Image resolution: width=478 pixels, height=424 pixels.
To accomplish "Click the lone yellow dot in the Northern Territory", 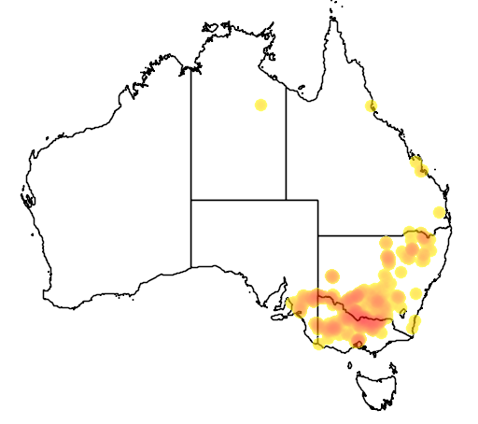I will pyautogui.click(x=260, y=105).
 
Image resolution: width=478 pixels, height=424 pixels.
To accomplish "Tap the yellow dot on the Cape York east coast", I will pyautogui.click(x=371, y=106).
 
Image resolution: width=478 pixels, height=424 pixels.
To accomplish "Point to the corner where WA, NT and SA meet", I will pyautogui.click(x=191, y=199).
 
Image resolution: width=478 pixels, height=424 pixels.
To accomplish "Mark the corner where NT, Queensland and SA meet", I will pyautogui.click(x=286, y=199).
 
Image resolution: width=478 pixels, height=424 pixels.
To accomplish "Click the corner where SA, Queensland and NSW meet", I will pyautogui.click(x=318, y=236).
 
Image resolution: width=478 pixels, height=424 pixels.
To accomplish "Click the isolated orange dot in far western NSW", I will pyautogui.click(x=332, y=277).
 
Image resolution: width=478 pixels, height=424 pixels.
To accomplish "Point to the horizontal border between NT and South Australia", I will pyautogui.click(x=238, y=199).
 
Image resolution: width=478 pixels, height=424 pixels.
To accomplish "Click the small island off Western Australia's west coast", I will pyautogui.click(x=28, y=199).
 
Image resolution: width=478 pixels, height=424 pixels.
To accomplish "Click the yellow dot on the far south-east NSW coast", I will pyautogui.click(x=415, y=324).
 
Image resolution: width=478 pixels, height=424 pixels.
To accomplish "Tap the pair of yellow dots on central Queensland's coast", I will pyautogui.click(x=419, y=168).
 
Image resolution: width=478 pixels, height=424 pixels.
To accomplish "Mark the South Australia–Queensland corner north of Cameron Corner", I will pyautogui.click(x=318, y=199).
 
